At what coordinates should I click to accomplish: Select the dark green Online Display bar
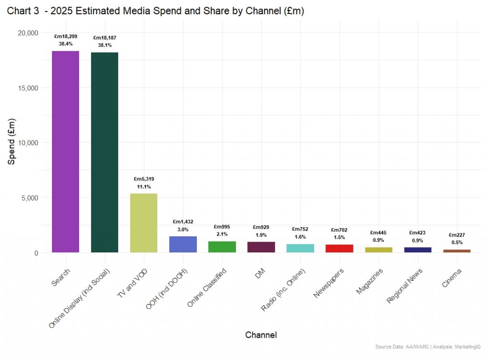coord(104,152)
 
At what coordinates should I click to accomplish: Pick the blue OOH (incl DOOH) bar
coord(183,244)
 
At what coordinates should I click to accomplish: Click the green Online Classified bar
coord(222,247)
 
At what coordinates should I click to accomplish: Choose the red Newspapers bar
coord(339,249)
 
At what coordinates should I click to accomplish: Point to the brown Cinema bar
coord(457,250)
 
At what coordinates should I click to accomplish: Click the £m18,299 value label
coord(65,36)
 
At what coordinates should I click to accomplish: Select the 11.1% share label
coord(143,187)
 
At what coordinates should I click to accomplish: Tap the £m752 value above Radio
coord(300,229)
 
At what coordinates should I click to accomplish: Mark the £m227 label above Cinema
coord(457,235)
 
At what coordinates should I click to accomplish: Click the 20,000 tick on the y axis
coord(27,33)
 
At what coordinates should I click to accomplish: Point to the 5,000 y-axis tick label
coord(29,198)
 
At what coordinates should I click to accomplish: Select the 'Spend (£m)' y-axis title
coord(12,142)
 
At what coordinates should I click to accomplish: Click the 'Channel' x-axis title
coord(261,335)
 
